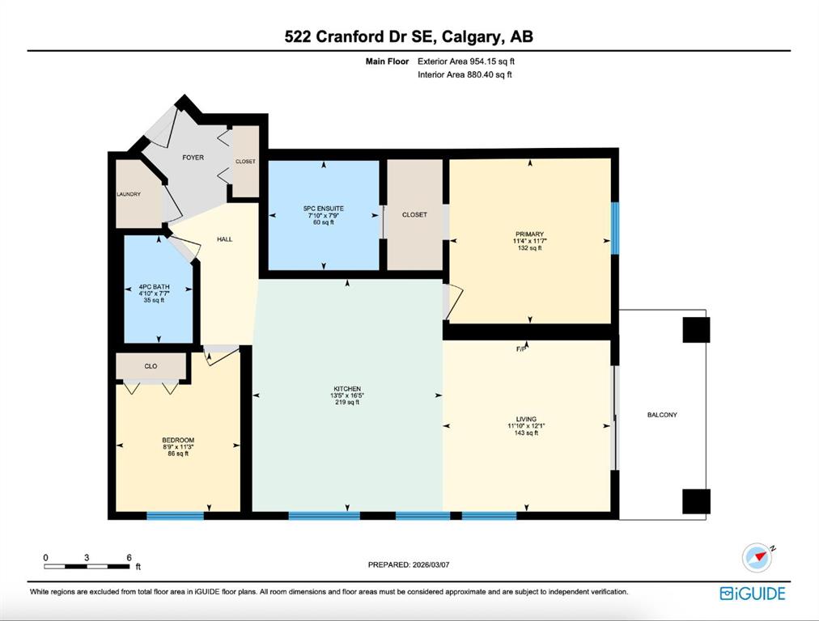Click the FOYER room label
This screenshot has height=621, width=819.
point(193,157)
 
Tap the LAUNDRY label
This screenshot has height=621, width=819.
point(129,194)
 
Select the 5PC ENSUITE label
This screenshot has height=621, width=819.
point(324,209)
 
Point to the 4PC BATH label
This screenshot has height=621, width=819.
point(154,286)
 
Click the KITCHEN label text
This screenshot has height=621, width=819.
point(347,389)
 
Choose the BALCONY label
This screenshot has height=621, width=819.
point(662,415)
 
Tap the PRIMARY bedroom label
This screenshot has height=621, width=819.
point(529,234)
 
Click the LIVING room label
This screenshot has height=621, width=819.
point(526,419)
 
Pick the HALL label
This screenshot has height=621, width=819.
point(225,239)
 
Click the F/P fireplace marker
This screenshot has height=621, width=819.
point(520,349)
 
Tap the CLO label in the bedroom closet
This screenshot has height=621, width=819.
point(151,366)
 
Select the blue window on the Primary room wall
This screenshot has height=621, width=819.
point(615,228)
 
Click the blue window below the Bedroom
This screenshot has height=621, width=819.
point(175,516)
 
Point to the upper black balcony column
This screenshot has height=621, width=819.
point(696,330)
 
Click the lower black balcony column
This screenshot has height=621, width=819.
point(696,501)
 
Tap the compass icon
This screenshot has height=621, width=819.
point(757,558)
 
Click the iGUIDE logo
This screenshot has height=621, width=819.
point(753,594)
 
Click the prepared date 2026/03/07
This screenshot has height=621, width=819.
point(431,564)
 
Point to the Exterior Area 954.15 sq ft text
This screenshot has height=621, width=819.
point(466,61)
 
